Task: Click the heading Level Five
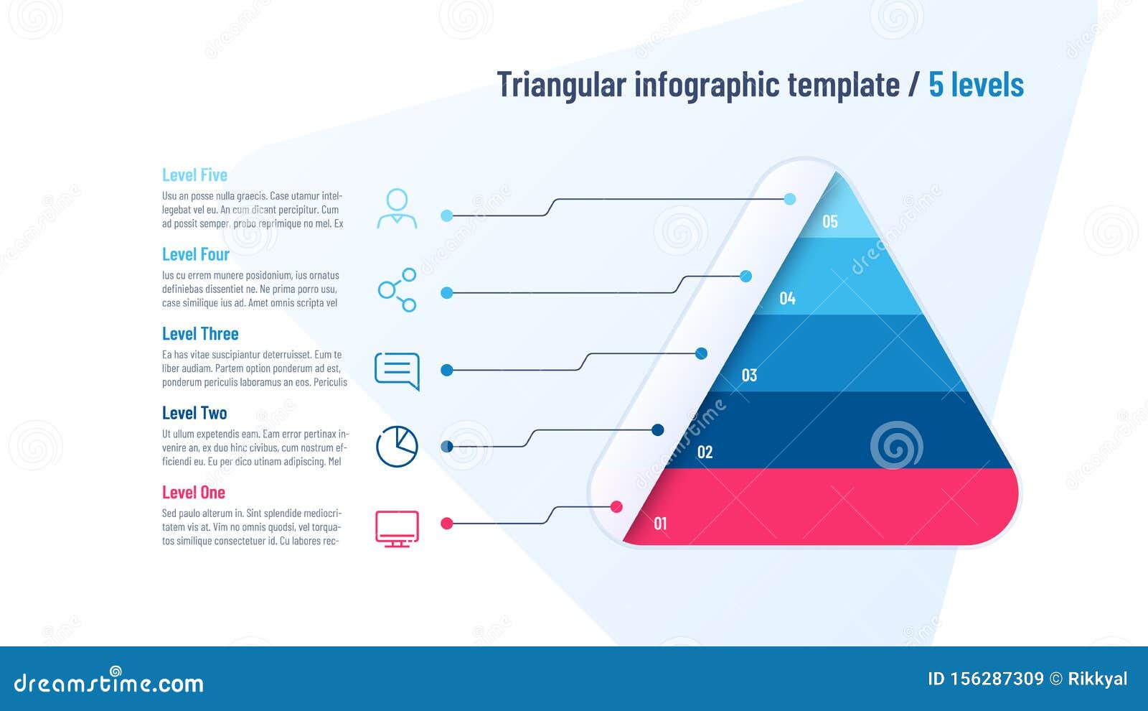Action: [194, 175]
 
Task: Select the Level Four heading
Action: [196, 255]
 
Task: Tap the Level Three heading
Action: [200, 334]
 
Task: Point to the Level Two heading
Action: [194, 414]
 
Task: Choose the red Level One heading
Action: [194, 493]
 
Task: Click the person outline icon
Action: [397, 209]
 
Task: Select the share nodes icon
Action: [397, 289]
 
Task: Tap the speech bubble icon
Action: [397, 371]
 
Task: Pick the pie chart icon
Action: [397, 446]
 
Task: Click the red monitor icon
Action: [397, 529]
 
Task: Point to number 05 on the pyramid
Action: [830, 222]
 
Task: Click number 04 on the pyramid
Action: [788, 299]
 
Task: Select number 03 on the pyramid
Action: [749, 376]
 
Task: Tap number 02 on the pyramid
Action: [705, 452]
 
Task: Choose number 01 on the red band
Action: [660, 524]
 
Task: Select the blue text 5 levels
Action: [976, 85]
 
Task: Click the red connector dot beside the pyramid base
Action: [616, 507]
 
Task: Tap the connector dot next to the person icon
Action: [447, 215]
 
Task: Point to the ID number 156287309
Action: [996, 679]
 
